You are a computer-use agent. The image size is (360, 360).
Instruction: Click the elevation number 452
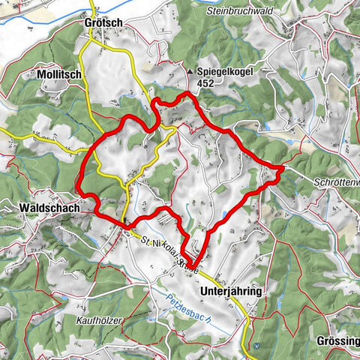pyautogui.click(x=206, y=84)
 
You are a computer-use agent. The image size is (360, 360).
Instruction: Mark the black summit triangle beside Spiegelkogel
pyautogui.click(x=189, y=73)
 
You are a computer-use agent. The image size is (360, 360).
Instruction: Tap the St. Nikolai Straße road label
pyautogui.click(x=169, y=254)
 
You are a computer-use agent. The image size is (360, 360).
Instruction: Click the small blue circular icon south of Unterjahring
pyautogui.click(x=256, y=346)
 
